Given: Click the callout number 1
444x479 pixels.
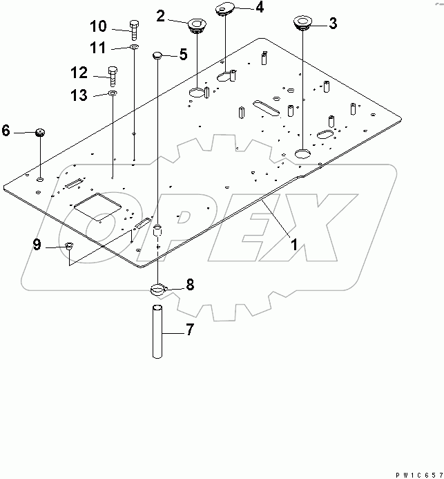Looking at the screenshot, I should (293, 243).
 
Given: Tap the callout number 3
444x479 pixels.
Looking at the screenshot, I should (333, 24).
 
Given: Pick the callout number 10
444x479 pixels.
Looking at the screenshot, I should (99, 27).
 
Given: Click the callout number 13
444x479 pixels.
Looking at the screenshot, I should (80, 95).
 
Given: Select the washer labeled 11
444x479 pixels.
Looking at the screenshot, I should (133, 48).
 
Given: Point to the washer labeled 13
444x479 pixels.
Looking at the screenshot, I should (113, 92).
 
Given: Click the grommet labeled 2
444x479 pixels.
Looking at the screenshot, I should (197, 26).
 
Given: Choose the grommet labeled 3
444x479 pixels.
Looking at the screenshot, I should (302, 23).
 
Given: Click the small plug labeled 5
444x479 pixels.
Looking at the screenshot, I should (157, 55).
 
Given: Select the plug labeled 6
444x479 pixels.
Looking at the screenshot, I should (39, 133).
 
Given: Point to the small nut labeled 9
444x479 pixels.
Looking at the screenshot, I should (69, 247).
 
